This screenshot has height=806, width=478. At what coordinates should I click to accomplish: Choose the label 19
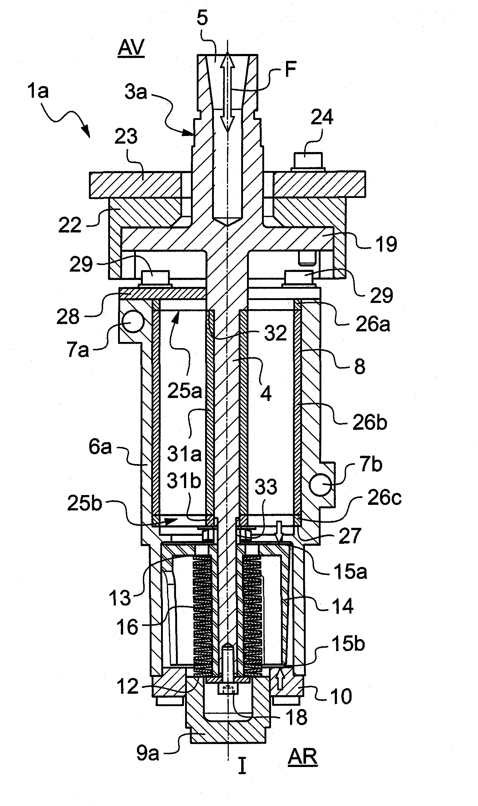[387, 245]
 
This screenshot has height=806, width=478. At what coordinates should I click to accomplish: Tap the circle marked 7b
[321, 485]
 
